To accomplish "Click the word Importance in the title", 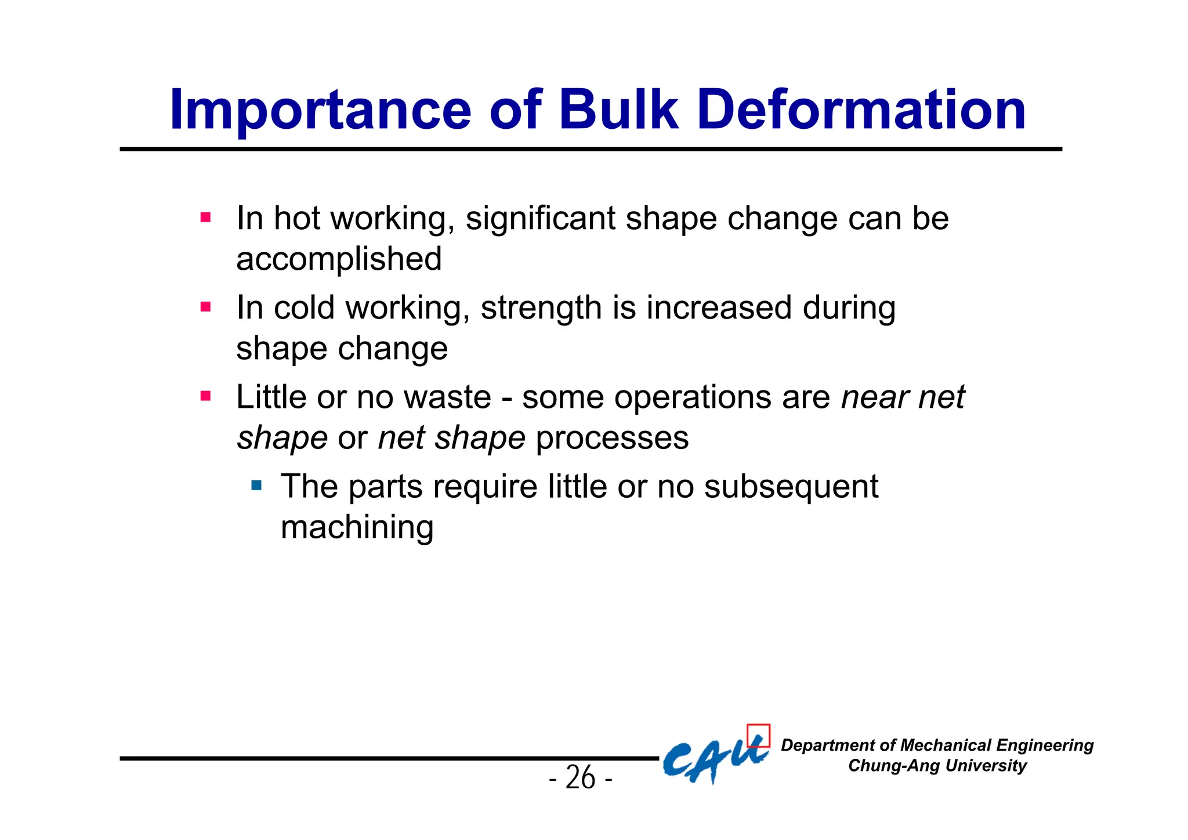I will (320, 110).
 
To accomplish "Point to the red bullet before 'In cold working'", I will (205, 307).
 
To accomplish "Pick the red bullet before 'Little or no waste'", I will (205, 397).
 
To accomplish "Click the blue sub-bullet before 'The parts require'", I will (256, 485).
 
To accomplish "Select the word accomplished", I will (339, 259).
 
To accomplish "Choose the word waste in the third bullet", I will (447, 397).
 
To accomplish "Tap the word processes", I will (612, 438).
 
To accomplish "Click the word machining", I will (357, 528).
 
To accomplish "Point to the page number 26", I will (580, 777).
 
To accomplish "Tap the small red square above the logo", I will (758, 735).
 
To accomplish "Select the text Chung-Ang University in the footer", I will (937, 766).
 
